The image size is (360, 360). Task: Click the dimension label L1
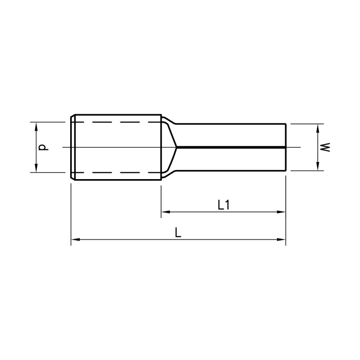click(223, 205)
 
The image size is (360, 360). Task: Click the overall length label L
click(178, 232)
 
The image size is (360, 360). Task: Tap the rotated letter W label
click(325, 147)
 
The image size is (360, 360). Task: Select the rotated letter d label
click(43, 147)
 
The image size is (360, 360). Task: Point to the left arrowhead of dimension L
click(75, 239)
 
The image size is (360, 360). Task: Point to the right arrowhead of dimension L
click(281, 239)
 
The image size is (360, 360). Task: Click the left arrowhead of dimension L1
click(166, 212)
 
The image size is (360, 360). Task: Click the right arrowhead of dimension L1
click(281, 212)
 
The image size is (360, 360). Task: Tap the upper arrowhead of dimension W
click(318, 128)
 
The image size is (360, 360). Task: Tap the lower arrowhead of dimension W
click(318, 166)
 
